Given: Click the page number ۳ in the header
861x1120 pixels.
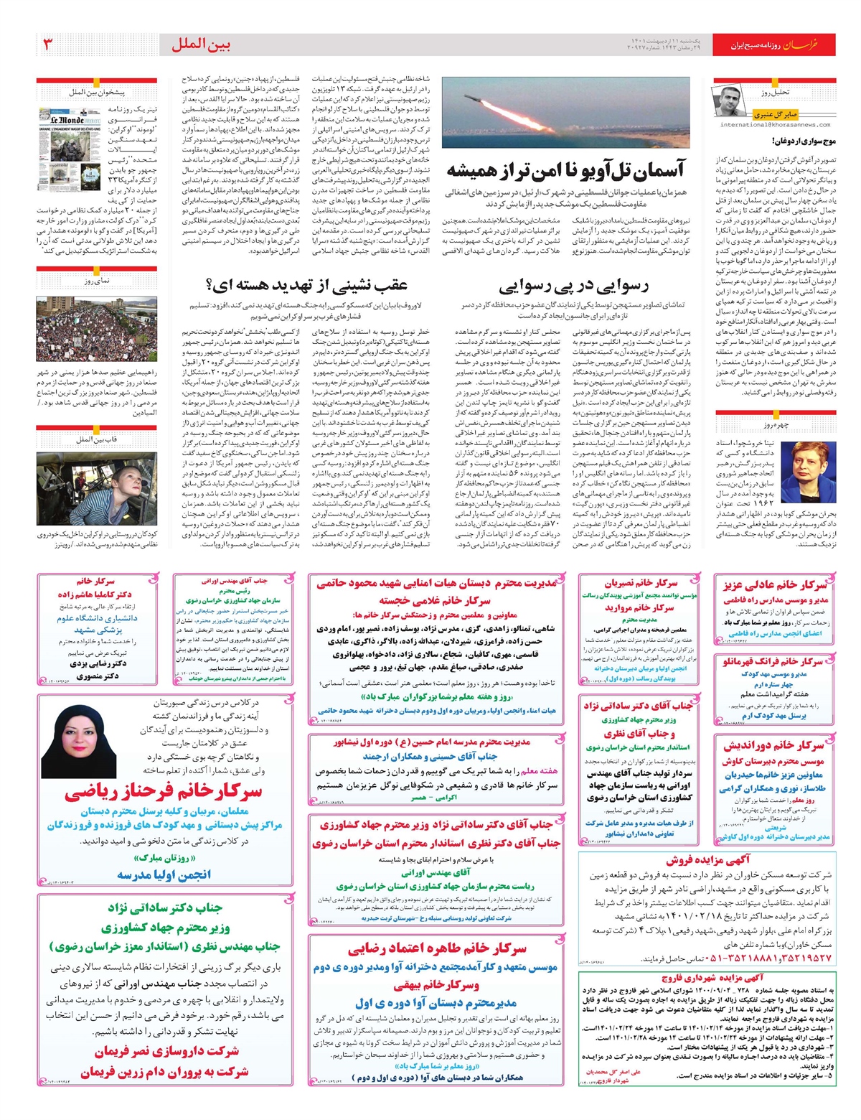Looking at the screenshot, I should click(49, 45).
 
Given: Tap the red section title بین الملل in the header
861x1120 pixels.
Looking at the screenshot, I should click(201, 45).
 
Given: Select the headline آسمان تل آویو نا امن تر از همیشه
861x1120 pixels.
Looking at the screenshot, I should click(566, 170).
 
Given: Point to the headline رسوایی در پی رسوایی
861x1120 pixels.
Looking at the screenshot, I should click(573, 286).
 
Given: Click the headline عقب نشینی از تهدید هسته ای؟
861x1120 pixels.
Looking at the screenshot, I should click(307, 285).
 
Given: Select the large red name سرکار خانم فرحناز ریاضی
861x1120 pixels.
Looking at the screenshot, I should click(163, 792).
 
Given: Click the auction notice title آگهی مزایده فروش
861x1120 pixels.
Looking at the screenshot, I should click(707, 859).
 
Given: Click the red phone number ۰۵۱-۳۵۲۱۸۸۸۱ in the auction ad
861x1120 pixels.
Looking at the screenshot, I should click(760, 958).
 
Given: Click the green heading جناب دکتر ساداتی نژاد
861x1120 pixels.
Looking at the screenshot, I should click(165, 908).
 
